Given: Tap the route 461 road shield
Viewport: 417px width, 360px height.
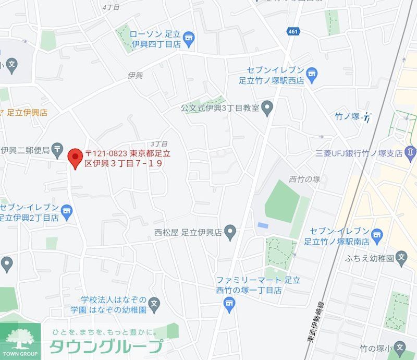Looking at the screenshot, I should (292, 32).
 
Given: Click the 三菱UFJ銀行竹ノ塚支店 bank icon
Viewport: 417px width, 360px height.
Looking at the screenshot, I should (410, 153).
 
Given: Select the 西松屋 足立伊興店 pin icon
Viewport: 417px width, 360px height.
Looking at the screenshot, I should (230, 232).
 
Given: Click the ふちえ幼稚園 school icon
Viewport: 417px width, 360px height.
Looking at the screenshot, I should (401, 258).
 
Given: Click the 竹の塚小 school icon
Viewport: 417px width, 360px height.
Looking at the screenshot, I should (400, 347).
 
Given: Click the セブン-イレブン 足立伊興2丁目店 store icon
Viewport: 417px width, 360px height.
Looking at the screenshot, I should (66, 211).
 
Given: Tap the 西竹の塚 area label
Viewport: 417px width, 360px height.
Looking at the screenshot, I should (304, 179).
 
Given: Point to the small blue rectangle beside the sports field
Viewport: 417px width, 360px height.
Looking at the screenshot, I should (263, 225).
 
